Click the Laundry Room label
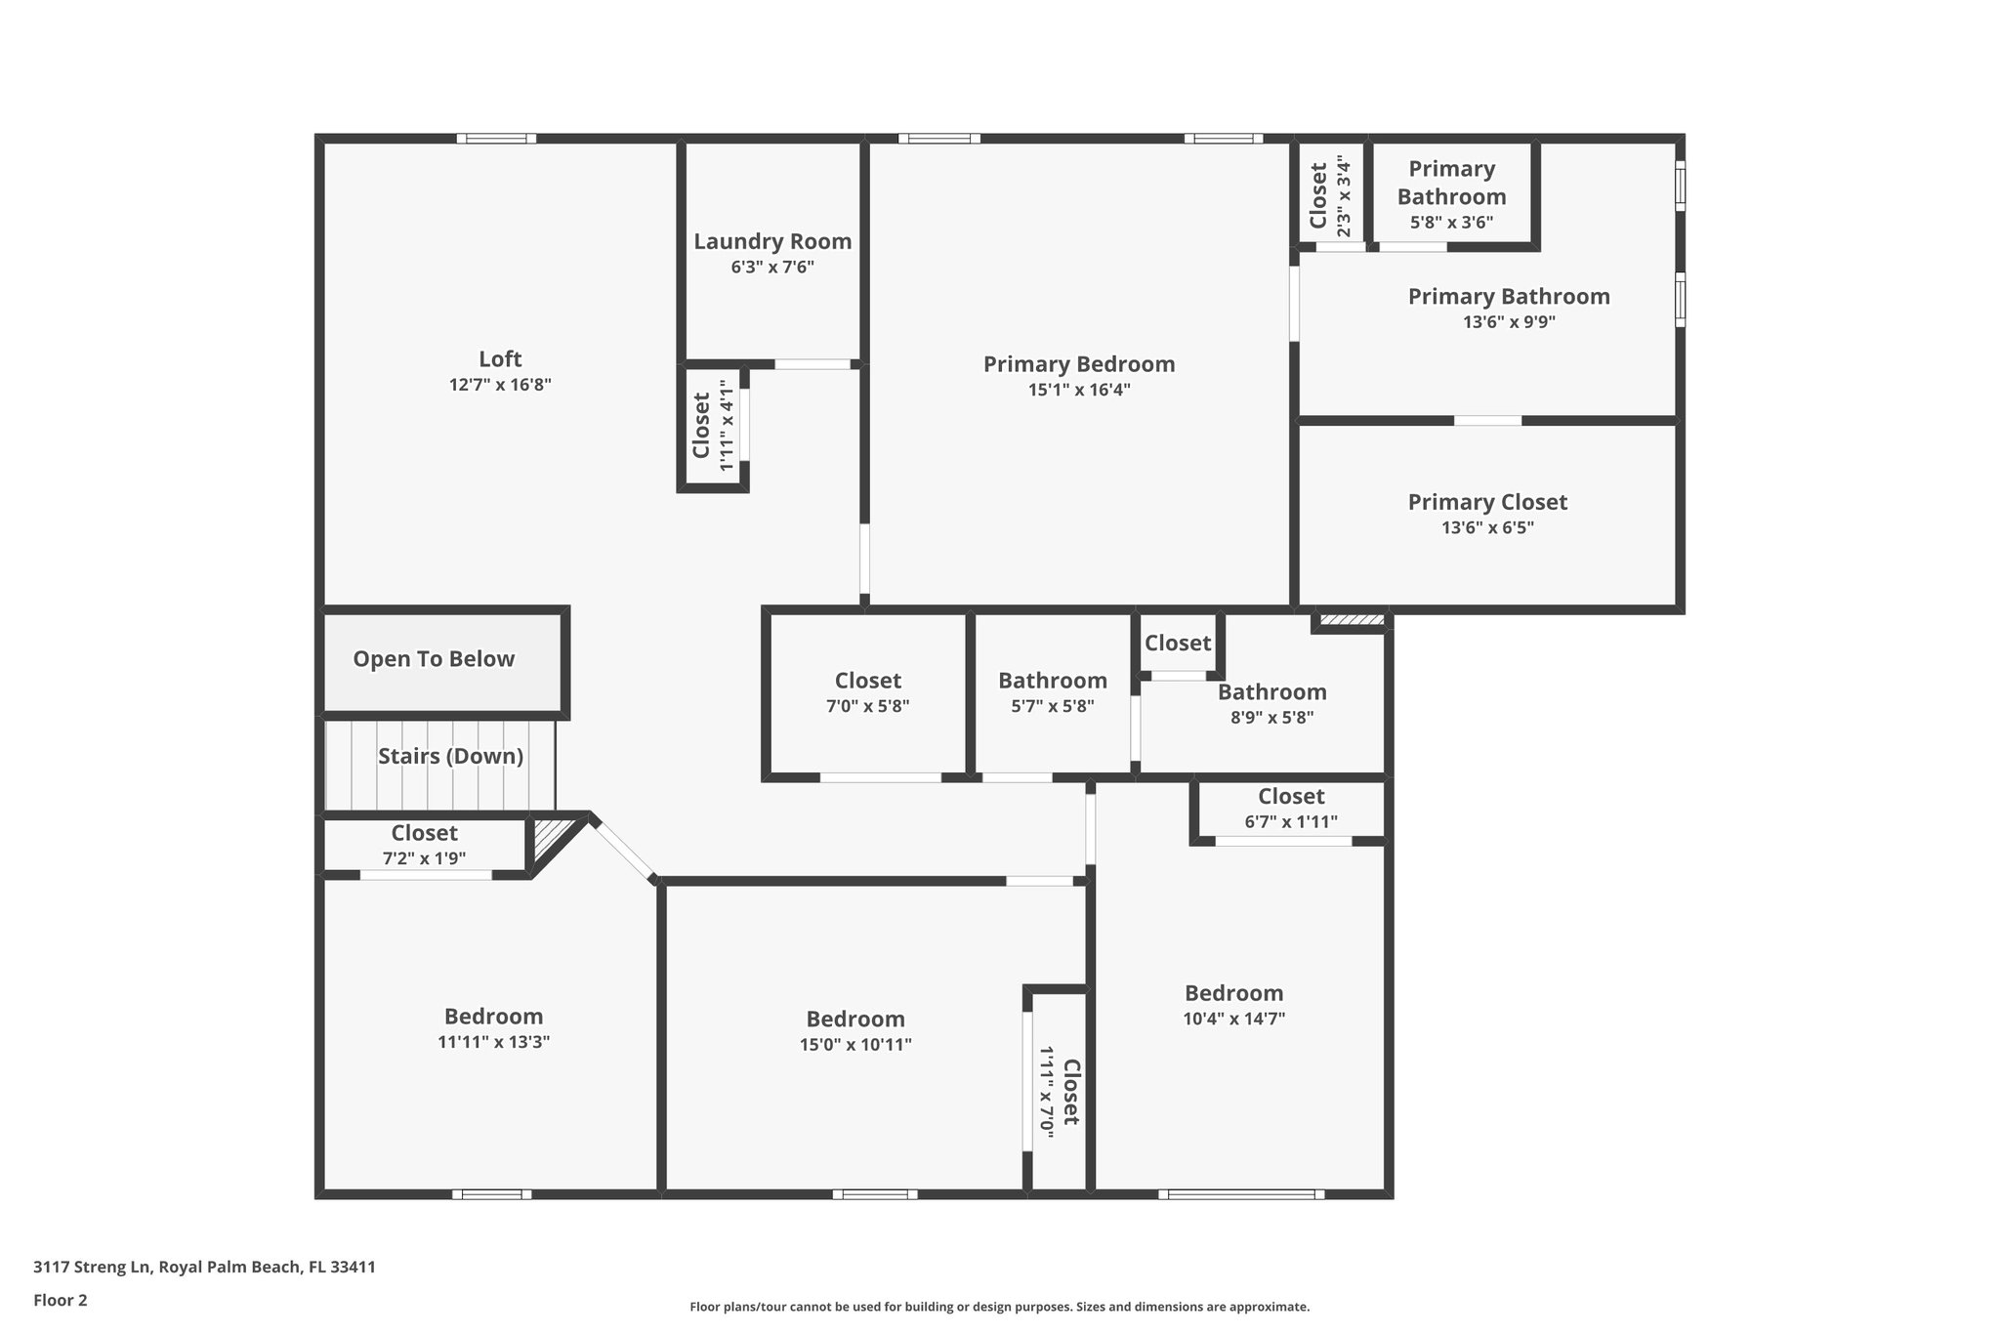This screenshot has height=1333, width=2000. [x=772, y=241]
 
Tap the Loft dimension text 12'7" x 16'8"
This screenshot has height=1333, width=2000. [x=500, y=385]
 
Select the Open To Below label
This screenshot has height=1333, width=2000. [x=434, y=659]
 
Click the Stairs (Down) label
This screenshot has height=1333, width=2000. [x=450, y=757]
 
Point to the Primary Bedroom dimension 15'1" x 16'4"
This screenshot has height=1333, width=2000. [x=1079, y=390]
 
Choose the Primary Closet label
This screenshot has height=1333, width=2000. [x=1487, y=502]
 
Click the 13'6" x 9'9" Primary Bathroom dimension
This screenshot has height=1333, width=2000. [x=1509, y=322]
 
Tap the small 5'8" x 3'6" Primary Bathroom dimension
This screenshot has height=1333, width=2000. [x=1451, y=223]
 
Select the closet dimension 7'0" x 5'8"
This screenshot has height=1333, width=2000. [x=867, y=706]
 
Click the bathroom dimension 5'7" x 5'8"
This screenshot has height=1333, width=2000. [x=1052, y=706]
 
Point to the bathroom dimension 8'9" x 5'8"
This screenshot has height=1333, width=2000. [x=1271, y=718]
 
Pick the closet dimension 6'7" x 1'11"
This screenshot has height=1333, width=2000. [x=1291, y=822]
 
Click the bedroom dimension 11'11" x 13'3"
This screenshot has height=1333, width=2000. [x=493, y=1042]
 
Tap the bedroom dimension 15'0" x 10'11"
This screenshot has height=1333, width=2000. [x=855, y=1045]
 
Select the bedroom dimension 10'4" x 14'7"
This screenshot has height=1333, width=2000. [x=1233, y=1019]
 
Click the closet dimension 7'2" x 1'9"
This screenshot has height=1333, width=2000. [x=424, y=859]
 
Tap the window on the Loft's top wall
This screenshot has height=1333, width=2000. [x=496, y=139]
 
